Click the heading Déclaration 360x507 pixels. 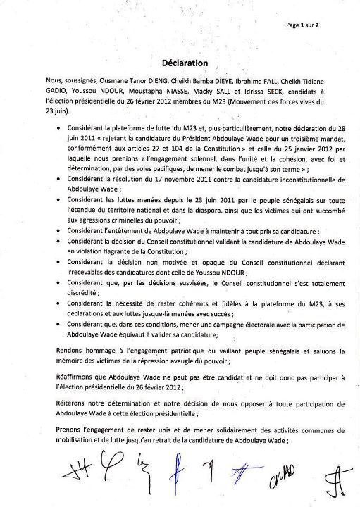(x=180, y=63)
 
